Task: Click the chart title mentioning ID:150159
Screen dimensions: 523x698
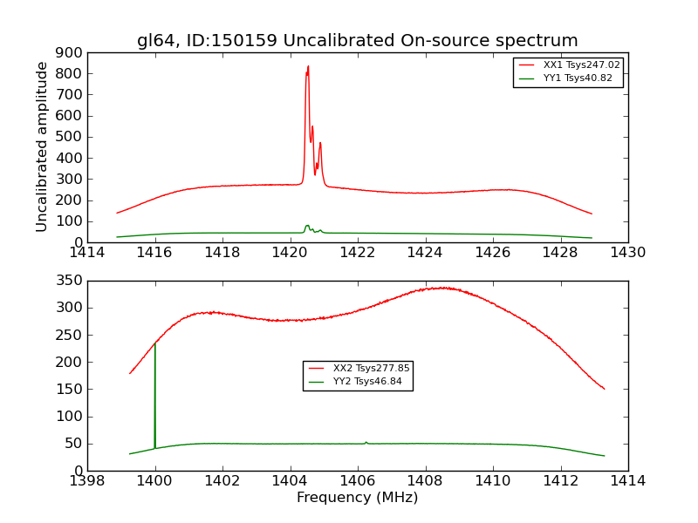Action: [x=357, y=41]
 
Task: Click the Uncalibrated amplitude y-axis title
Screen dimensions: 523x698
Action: [x=42, y=146]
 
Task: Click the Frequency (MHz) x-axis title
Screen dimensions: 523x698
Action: [x=357, y=498]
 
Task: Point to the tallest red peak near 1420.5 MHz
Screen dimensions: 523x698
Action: [x=307, y=67]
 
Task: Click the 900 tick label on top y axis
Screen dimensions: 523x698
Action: [x=70, y=52]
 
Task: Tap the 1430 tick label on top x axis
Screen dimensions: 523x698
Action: [x=627, y=253]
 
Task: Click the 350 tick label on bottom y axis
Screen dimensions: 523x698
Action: [x=70, y=281]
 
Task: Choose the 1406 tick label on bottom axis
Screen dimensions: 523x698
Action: [x=357, y=481]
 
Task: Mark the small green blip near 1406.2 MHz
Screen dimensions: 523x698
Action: [x=366, y=442]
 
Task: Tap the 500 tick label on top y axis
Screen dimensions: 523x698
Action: [x=70, y=137]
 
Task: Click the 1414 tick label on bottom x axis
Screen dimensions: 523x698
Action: [x=627, y=481]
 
